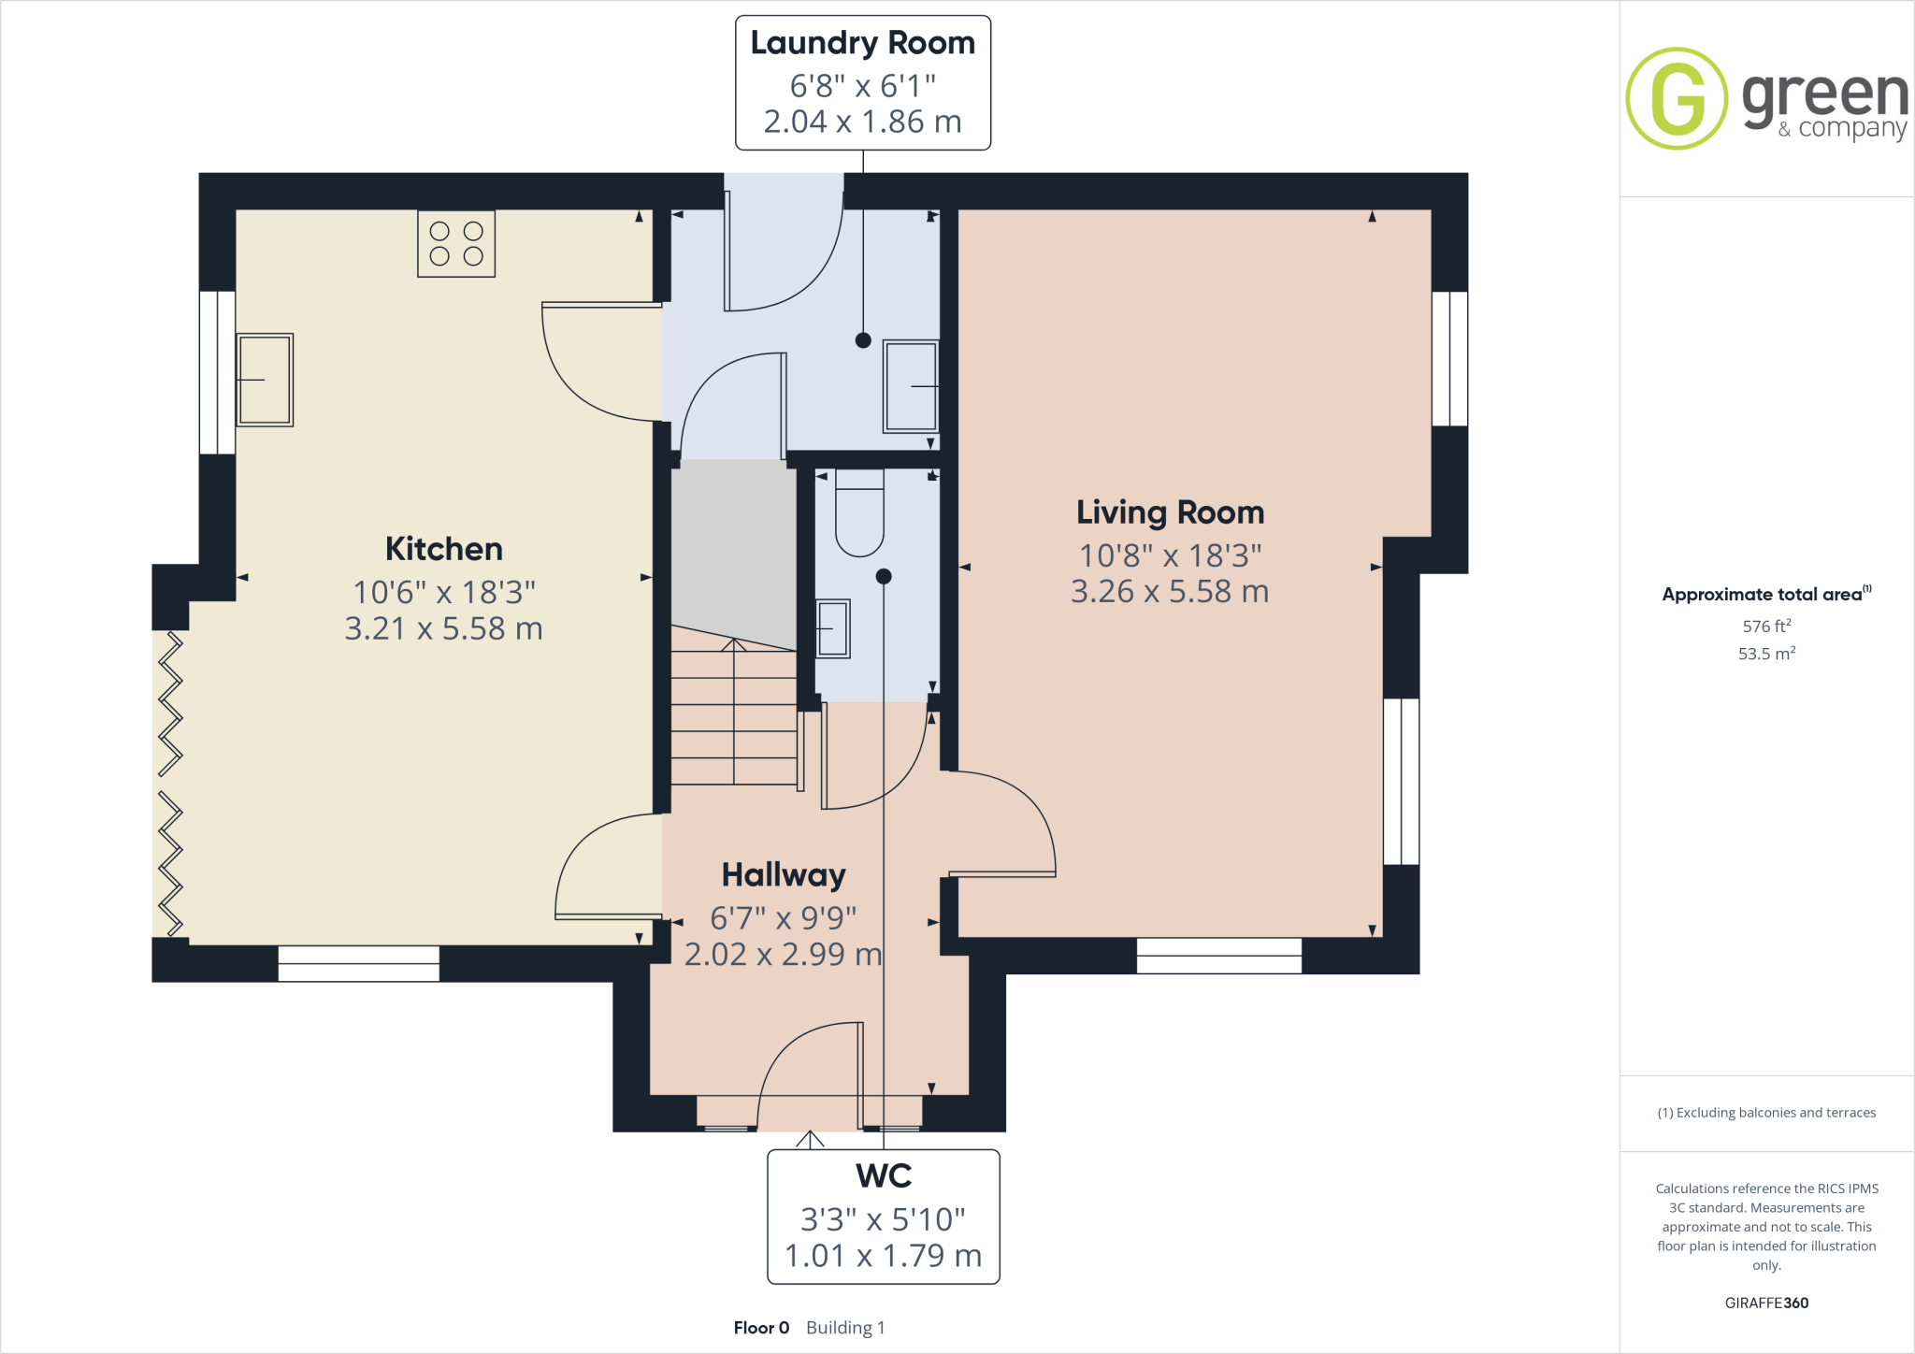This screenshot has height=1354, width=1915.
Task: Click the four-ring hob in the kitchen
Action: pos(456,243)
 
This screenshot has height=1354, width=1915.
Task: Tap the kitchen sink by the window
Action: pos(265,380)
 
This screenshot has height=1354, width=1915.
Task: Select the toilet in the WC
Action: pos(859,516)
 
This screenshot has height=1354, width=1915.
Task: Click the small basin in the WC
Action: pos(832,628)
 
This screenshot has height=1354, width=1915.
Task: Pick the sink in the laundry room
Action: pos(911,386)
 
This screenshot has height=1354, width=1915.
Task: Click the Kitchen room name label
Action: pos(444,549)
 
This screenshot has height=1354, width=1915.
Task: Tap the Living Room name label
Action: pos(1170,512)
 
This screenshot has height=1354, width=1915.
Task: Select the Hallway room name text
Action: pos(784,875)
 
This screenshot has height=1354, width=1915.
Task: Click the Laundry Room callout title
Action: pos(862,43)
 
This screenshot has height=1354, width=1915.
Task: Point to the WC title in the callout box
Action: pos(884,1175)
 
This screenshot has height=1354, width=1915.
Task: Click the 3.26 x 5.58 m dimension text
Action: pos(1170,592)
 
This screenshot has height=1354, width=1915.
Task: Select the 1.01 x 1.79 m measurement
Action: pos(884,1256)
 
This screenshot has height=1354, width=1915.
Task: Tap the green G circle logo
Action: pos(1677,98)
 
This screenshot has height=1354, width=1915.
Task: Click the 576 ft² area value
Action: pos(1766,627)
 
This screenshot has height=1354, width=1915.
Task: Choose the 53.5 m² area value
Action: pos(1766,654)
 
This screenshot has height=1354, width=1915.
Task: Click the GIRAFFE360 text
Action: pos(1766,1303)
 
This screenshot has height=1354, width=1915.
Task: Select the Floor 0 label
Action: pos(761,1328)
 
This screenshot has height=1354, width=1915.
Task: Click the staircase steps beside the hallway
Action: pos(734,720)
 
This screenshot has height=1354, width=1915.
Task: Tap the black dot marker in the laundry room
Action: pos(863,340)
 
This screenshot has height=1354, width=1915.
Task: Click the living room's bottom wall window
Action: pos(1218,956)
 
